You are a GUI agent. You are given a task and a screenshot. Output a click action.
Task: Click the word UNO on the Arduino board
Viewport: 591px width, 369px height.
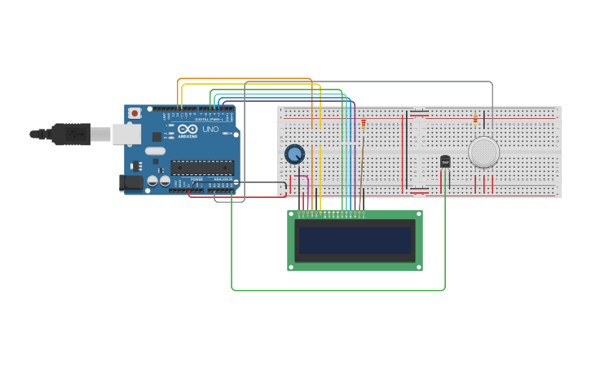click(210, 130)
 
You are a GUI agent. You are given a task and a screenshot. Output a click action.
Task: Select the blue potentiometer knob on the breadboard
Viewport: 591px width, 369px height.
click(294, 154)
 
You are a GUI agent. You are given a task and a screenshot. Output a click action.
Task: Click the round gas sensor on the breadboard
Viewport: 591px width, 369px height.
click(483, 152)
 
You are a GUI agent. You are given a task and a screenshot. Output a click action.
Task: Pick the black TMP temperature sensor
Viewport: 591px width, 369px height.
click(445, 162)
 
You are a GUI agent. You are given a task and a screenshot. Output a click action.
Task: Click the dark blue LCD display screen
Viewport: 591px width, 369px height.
click(355, 240)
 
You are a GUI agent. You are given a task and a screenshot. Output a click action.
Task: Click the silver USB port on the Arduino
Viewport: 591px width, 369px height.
click(126, 134)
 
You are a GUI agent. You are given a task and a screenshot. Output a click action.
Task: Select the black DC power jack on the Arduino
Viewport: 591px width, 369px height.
click(130, 182)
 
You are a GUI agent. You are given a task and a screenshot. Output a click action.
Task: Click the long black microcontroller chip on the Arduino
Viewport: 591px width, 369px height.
click(202, 168)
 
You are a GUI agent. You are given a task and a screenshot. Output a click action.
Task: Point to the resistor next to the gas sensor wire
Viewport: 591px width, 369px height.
click(476, 121)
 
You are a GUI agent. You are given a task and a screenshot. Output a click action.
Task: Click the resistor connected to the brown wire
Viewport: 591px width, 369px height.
click(364, 124)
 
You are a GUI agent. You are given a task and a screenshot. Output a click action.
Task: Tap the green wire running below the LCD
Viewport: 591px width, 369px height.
click(338, 290)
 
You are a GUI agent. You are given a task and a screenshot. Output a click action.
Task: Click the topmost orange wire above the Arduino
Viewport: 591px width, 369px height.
click(245, 78)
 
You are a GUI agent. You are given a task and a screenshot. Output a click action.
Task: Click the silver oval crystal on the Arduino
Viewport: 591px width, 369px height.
click(155, 151)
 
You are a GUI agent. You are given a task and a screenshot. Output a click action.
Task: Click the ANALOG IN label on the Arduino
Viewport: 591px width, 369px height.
click(223, 179)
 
